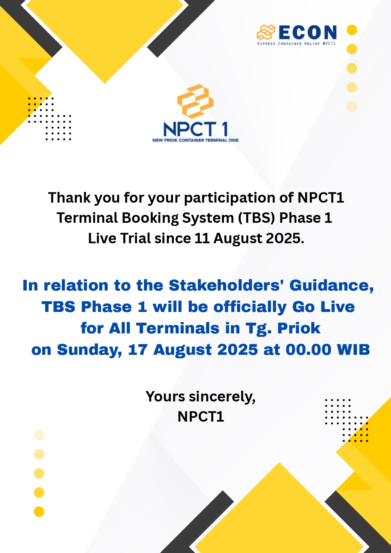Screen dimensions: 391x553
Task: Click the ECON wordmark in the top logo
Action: click(x=308, y=32)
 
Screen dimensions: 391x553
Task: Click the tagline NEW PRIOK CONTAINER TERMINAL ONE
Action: click(x=195, y=140)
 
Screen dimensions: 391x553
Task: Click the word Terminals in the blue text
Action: click(x=178, y=328)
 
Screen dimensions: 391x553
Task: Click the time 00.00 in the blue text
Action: click(x=308, y=350)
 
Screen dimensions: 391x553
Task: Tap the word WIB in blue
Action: click(x=353, y=350)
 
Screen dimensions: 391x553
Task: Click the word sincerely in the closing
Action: click(x=222, y=397)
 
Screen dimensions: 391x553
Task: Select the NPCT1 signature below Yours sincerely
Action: click(x=201, y=417)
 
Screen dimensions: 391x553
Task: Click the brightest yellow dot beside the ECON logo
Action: click(x=352, y=30)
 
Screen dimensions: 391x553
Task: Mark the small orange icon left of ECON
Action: click(x=266, y=32)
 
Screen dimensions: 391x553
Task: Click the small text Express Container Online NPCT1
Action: click(x=297, y=44)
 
